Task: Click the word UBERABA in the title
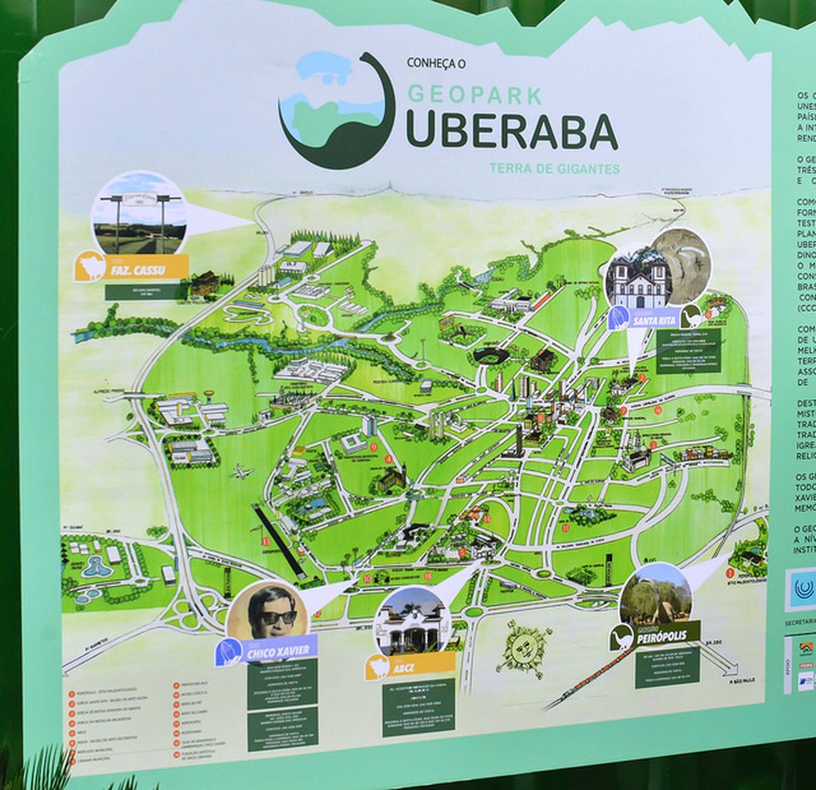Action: tap(512, 130)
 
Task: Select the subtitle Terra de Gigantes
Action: tap(554, 168)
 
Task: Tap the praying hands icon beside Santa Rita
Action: tap(619, 317)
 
